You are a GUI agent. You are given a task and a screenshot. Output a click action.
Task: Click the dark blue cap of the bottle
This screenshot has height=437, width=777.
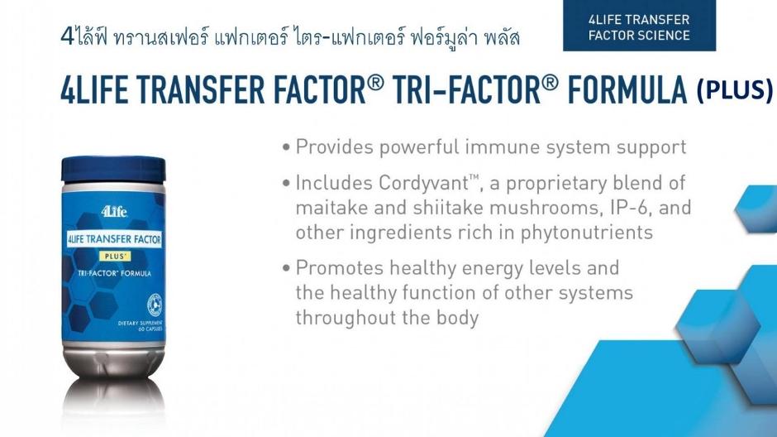click(113, 169)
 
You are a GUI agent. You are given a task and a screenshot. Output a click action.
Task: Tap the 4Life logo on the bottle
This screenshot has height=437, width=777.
click(114, 212)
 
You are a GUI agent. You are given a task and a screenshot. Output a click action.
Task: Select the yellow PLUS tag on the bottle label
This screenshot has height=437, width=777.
click(114, 256)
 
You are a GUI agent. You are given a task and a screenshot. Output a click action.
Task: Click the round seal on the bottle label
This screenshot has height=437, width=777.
click(155, 305)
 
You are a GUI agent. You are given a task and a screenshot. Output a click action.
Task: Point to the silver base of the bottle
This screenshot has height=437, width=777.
click(114, 361)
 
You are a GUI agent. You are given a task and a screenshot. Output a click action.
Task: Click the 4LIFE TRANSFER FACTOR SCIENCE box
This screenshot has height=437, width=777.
click(639, 26)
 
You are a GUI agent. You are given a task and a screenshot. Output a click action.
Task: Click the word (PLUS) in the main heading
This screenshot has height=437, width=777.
click(734, 90)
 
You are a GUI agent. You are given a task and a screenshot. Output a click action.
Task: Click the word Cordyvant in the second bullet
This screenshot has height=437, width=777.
click(423, 183)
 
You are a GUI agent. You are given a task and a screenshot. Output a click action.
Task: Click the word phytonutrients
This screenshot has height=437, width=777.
click(587, 233)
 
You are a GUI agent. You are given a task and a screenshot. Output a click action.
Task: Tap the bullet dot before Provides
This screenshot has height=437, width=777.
click(286, 147)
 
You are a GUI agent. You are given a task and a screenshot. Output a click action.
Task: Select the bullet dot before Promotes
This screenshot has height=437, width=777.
click(286, 268)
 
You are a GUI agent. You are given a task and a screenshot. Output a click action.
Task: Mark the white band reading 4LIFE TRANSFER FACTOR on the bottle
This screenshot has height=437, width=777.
click(114, 239)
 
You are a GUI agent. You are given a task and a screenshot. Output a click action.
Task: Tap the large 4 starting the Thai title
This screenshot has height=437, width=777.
click(67, 36)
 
